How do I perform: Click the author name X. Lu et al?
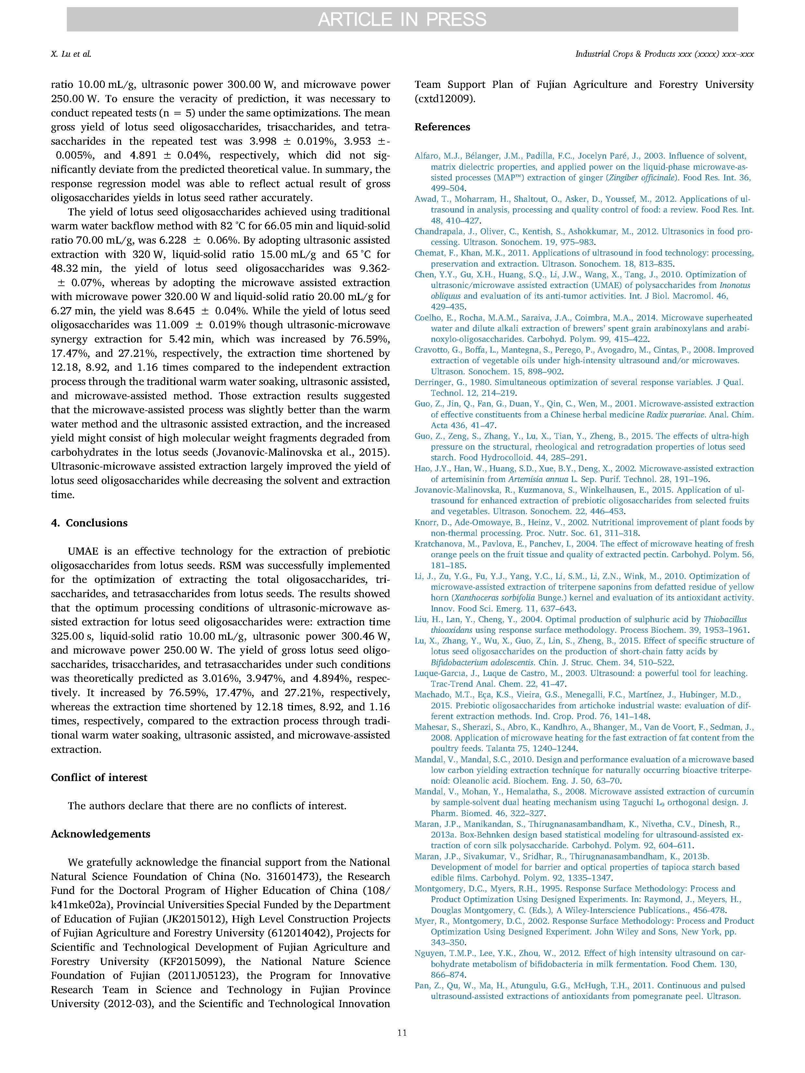71,54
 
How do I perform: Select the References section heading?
442,127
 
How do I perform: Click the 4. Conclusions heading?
89,523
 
